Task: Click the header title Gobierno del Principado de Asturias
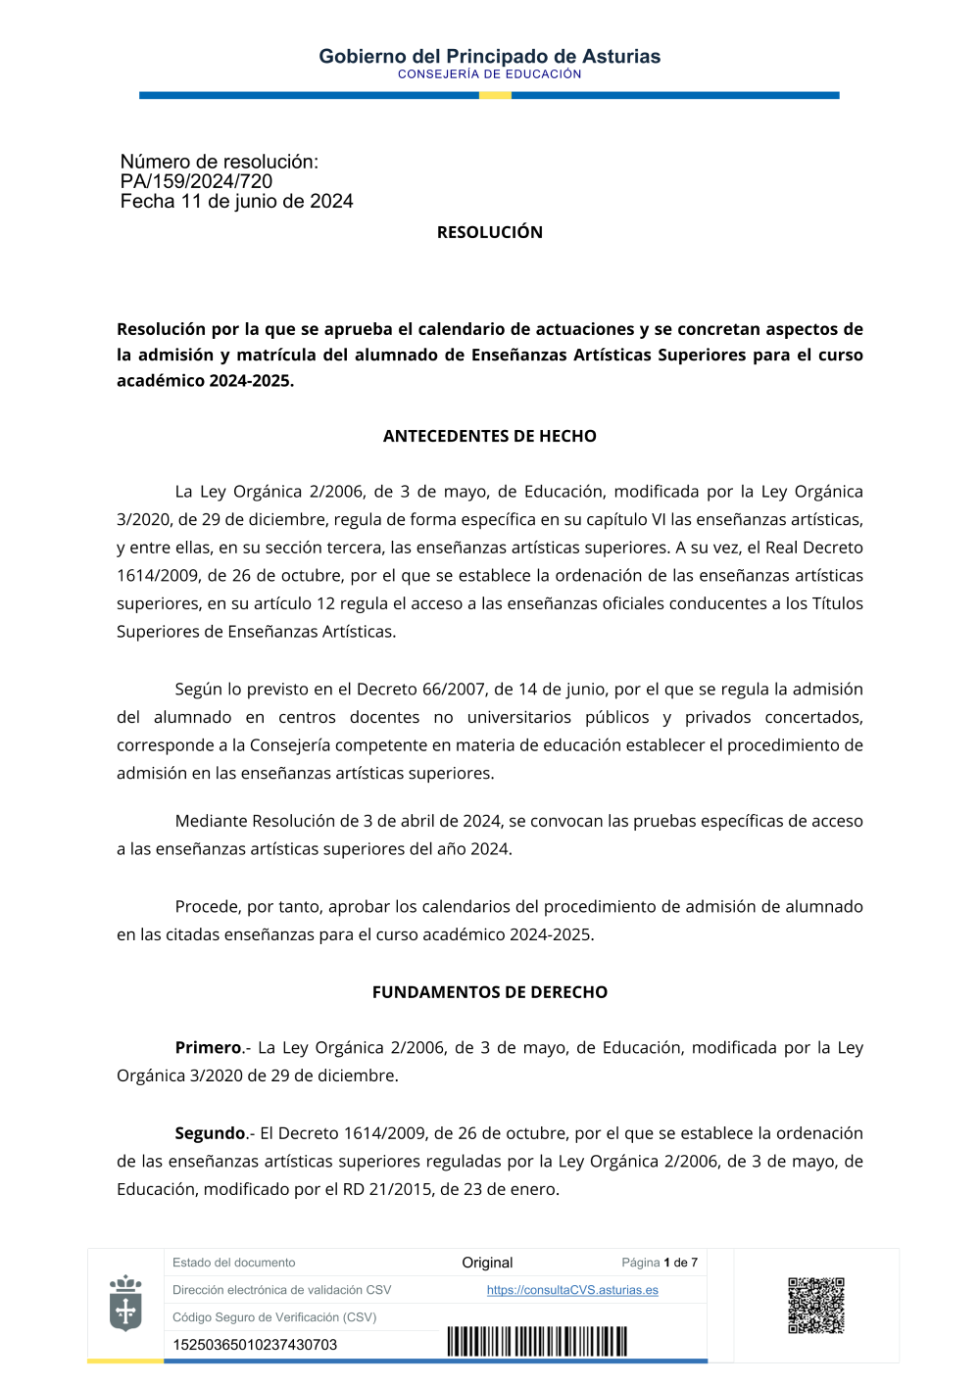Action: tap(489, 56)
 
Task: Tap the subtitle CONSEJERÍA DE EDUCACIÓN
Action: tap(489, 74)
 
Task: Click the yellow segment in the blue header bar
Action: tap(495, 95)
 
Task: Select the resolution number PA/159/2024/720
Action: tap(196, 181)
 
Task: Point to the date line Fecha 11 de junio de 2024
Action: tap(236, 201)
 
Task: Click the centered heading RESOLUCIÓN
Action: tap(489, 232)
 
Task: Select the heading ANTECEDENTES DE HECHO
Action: tap(489, 436)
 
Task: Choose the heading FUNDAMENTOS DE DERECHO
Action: tap(489, 992)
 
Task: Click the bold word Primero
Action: tap(208, 1047)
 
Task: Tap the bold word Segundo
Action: tap(210, 1133)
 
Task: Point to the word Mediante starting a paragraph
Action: tap(211, 821)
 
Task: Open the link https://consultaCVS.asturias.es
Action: tap(572, 1290)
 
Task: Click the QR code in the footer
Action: tap(816, 1305)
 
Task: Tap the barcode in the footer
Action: tap(537, 1341)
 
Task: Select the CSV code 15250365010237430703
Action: tap(255, 1345)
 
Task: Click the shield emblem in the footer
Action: tap(125, 1303)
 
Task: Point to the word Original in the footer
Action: tap(487, 1263)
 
